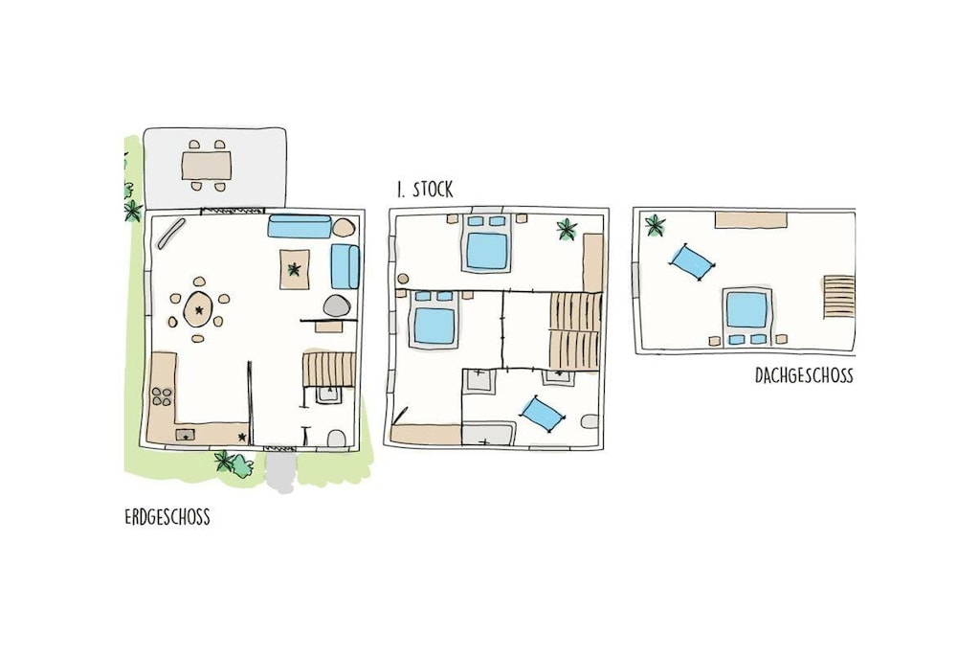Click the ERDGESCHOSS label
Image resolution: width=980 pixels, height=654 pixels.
167,518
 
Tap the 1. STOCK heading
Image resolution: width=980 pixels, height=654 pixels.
425,190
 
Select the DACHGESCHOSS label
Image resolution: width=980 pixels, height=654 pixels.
804,375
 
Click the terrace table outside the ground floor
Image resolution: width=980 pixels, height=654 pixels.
207,166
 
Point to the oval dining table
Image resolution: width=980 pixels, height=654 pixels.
199,309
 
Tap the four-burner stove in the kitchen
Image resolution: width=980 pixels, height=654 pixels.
162,396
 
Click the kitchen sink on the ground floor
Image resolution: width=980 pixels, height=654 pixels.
186,435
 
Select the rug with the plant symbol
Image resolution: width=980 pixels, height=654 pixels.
294,269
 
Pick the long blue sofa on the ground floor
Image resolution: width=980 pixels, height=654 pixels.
300,226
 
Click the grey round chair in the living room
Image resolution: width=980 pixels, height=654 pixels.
336,305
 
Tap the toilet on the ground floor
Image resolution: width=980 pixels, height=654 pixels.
337,439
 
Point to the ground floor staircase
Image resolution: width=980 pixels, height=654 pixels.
329,369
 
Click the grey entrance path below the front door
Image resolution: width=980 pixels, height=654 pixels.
279,471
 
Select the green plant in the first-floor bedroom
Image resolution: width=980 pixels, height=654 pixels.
567,230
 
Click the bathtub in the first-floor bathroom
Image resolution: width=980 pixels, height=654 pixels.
489,434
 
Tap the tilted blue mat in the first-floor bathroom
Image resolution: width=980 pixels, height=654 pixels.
542,414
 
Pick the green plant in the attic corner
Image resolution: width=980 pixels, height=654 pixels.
655,225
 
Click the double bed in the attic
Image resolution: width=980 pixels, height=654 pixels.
746,316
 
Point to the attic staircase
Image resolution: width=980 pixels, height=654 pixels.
838,296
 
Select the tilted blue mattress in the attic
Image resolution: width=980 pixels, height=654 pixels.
693,262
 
